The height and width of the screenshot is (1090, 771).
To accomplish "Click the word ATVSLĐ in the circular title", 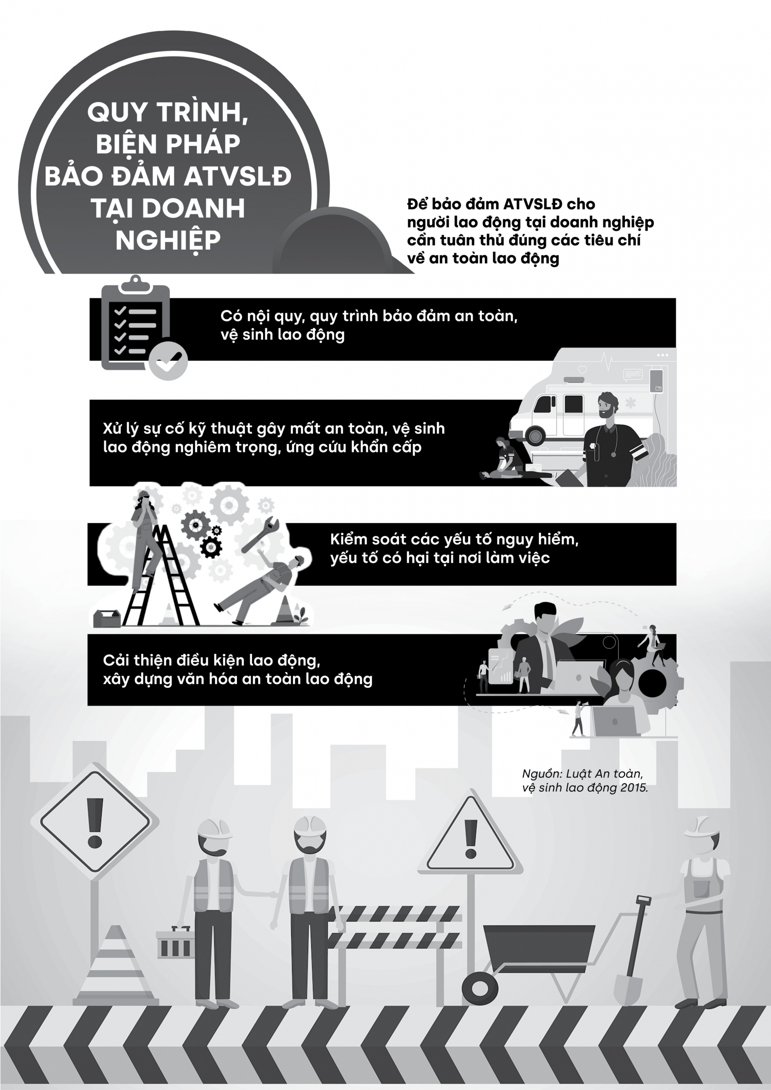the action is click(x=237, y=176).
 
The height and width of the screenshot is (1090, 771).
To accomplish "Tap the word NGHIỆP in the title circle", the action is click(x=168, y=241).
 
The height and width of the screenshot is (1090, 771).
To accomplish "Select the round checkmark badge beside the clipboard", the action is click(x=168, y=360).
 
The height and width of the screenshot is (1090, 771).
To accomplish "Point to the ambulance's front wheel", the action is click(x=535, y=435).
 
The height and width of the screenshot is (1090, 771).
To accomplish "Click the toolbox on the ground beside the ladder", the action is click(x=107, y=618).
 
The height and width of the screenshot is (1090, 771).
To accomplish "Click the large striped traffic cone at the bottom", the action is click(x=116, y=966).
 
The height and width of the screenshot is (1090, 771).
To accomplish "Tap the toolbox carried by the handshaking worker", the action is click(x=174, y=942).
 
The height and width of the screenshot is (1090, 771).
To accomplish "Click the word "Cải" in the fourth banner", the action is click(x=114, y=660).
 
